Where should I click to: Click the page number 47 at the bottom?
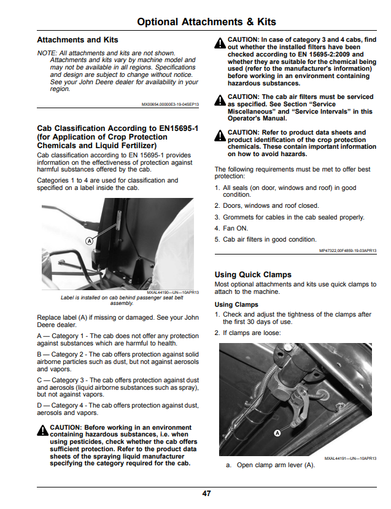pos(206,494)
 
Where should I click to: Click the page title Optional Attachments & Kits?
pos(206,22)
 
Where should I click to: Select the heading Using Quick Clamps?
pos(253,275)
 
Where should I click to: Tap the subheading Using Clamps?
pos(236,304)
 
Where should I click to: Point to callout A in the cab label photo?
pos(89,241)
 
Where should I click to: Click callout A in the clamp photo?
pos(277,433)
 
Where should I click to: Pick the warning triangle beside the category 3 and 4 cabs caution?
pos(220,43)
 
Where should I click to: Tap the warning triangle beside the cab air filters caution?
pos(220,100)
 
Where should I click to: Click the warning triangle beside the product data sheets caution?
pos(220,136)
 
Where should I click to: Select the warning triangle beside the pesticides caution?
pos(42,430)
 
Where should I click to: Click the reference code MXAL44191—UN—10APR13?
pos(350,459)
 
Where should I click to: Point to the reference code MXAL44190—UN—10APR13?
pos(173,293)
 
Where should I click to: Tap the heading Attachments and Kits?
pos(77,40)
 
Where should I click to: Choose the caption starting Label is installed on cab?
pos(122,300)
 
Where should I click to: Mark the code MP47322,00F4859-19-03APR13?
pos(348,251)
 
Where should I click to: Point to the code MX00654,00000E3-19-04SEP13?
pos(170,105)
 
